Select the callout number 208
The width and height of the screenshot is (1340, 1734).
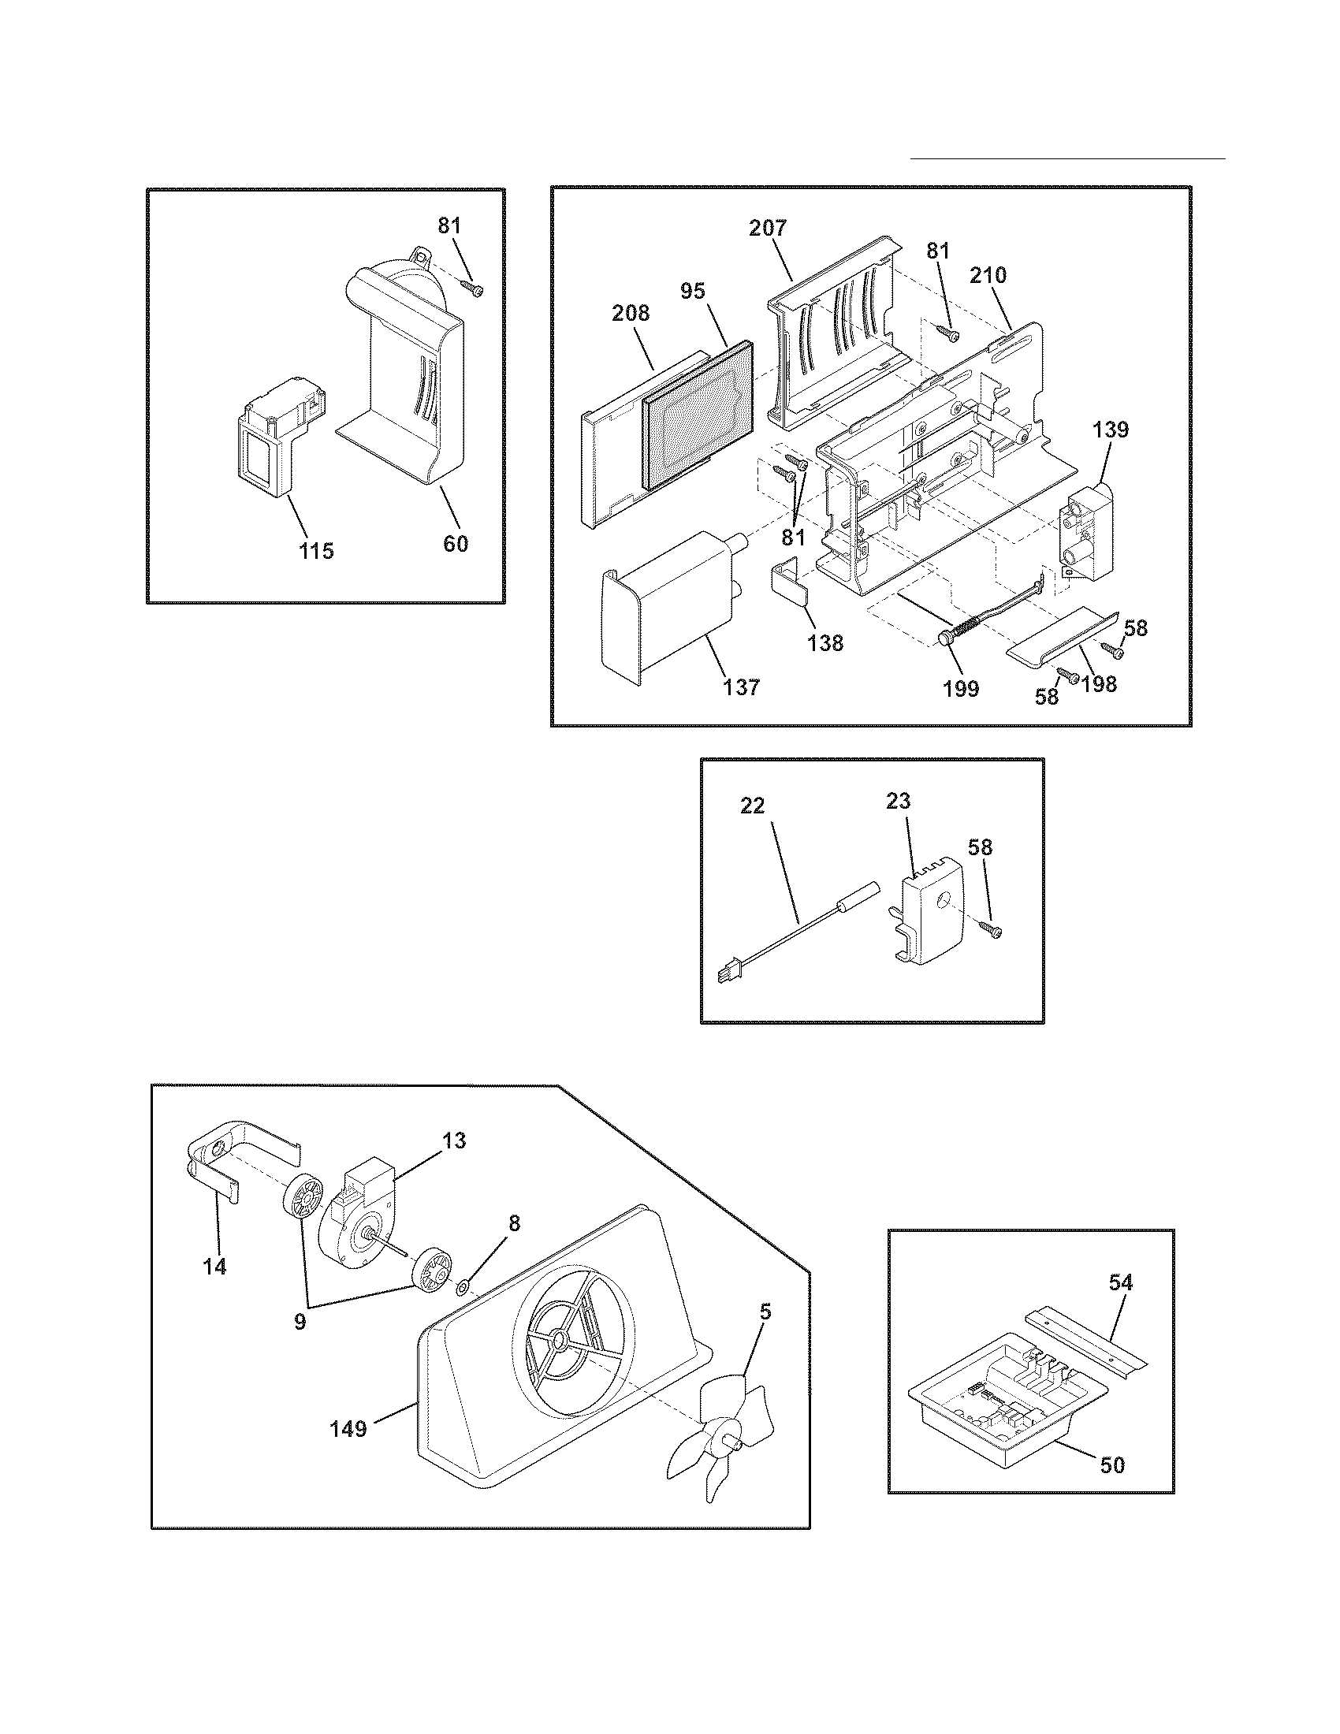[x=631, y=314]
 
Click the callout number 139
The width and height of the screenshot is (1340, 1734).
[x=1110, y=430]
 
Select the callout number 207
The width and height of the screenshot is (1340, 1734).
[x=768, y=229]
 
